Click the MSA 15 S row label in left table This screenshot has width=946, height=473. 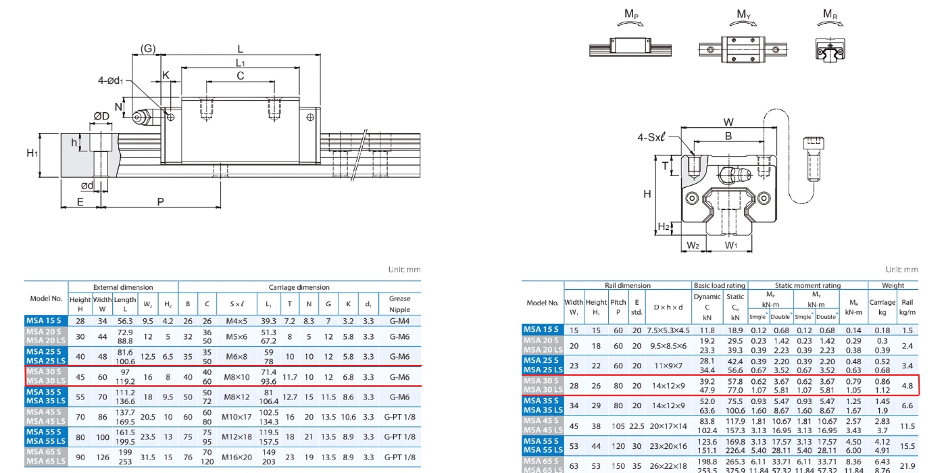pos(45,321)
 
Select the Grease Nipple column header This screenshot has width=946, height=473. pos(399,304)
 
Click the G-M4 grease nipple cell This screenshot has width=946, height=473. pos(399,321)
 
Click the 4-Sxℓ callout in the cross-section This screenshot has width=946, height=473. pos(651,137)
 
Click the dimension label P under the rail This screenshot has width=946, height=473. pos(160,201)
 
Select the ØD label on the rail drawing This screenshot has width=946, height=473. pos(101,117)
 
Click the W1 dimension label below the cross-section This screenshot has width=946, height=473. pos(731,245)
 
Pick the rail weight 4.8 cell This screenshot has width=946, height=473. pos(907,385)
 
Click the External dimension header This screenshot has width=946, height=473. pos(123,287)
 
